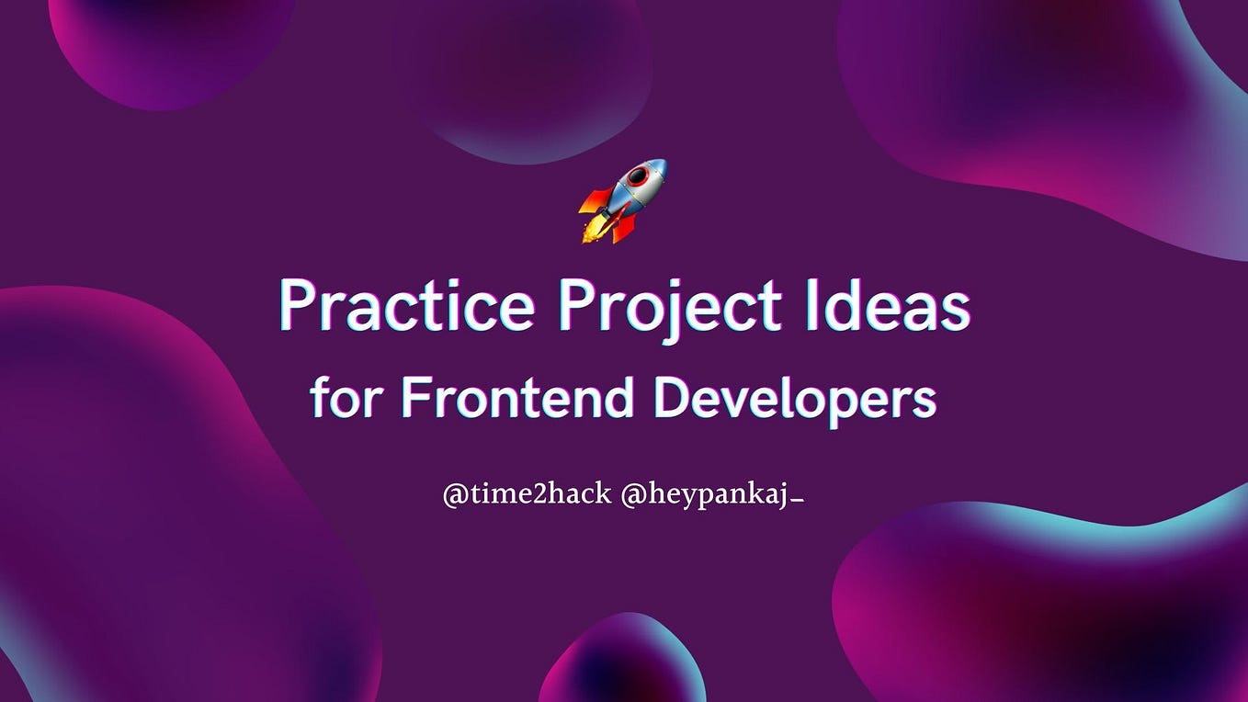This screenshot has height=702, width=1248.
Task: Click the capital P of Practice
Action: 296,306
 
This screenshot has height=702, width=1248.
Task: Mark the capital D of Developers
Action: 668,397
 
